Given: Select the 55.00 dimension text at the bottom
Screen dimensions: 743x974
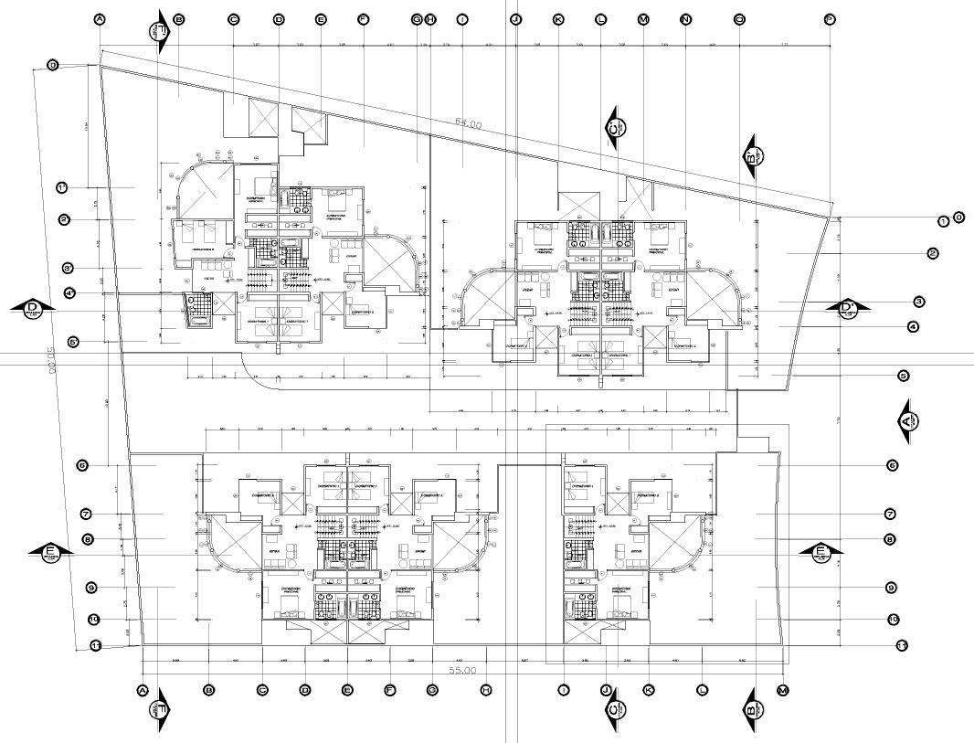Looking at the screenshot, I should coord(463,671).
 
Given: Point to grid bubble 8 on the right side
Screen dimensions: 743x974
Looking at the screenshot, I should coord(889,539).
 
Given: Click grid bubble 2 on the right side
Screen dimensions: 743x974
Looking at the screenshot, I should coord(933,253).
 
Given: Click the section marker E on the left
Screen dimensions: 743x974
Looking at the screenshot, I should coord(52,551).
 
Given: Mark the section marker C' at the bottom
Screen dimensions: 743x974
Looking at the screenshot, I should coord(613,709).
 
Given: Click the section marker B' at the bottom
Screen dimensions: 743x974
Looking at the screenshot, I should coord(751,709).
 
